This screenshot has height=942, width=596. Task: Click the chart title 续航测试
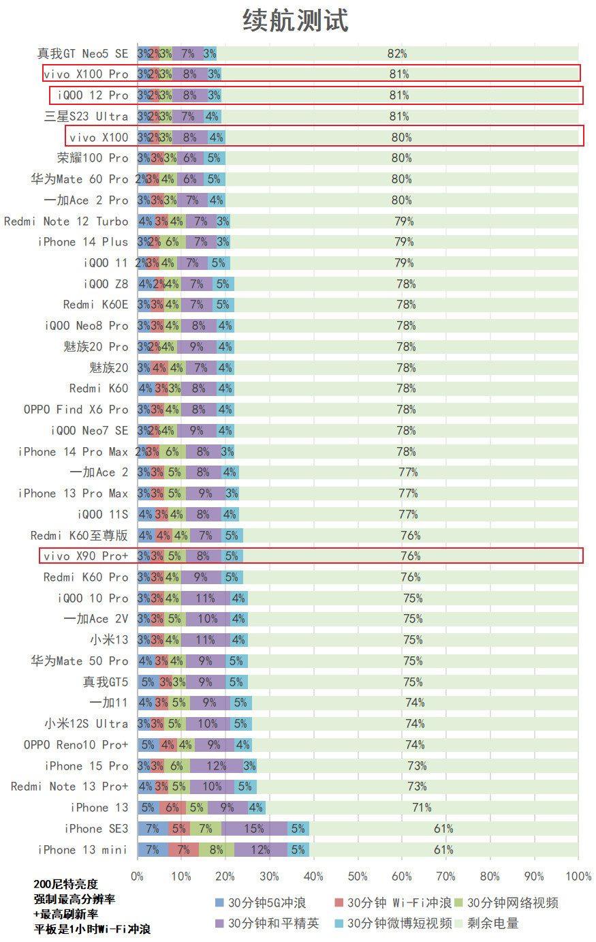click(x=296, y=20)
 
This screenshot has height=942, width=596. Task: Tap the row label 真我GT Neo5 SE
click(x=82, y=53)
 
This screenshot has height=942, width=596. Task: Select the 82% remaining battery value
click(x=397, y=53)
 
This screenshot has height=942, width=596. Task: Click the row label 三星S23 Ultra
click(x=86, y=117)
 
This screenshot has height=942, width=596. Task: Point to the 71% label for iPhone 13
click(x=422, y=808)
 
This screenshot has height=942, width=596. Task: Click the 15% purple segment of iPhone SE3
click(x=254, y=829)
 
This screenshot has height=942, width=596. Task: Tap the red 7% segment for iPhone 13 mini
click(x=183, y=850)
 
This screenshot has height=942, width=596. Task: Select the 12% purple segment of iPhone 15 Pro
click(x=217, y=766)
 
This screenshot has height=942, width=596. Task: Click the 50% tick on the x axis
click(x=358, y=877)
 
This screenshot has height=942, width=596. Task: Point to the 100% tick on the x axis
click(x=578, y=877)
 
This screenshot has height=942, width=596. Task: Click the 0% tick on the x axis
click(x=138, y=877)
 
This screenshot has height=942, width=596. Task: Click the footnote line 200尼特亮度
click(x=66, y=884)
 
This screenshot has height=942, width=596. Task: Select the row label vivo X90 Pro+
click(x=86, y=556)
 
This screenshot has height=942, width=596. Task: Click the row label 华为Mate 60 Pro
click(x=79, y=179)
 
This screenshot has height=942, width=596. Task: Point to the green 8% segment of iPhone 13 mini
click(x=216, y=850)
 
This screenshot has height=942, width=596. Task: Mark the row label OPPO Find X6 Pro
click(x=76, y=410)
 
